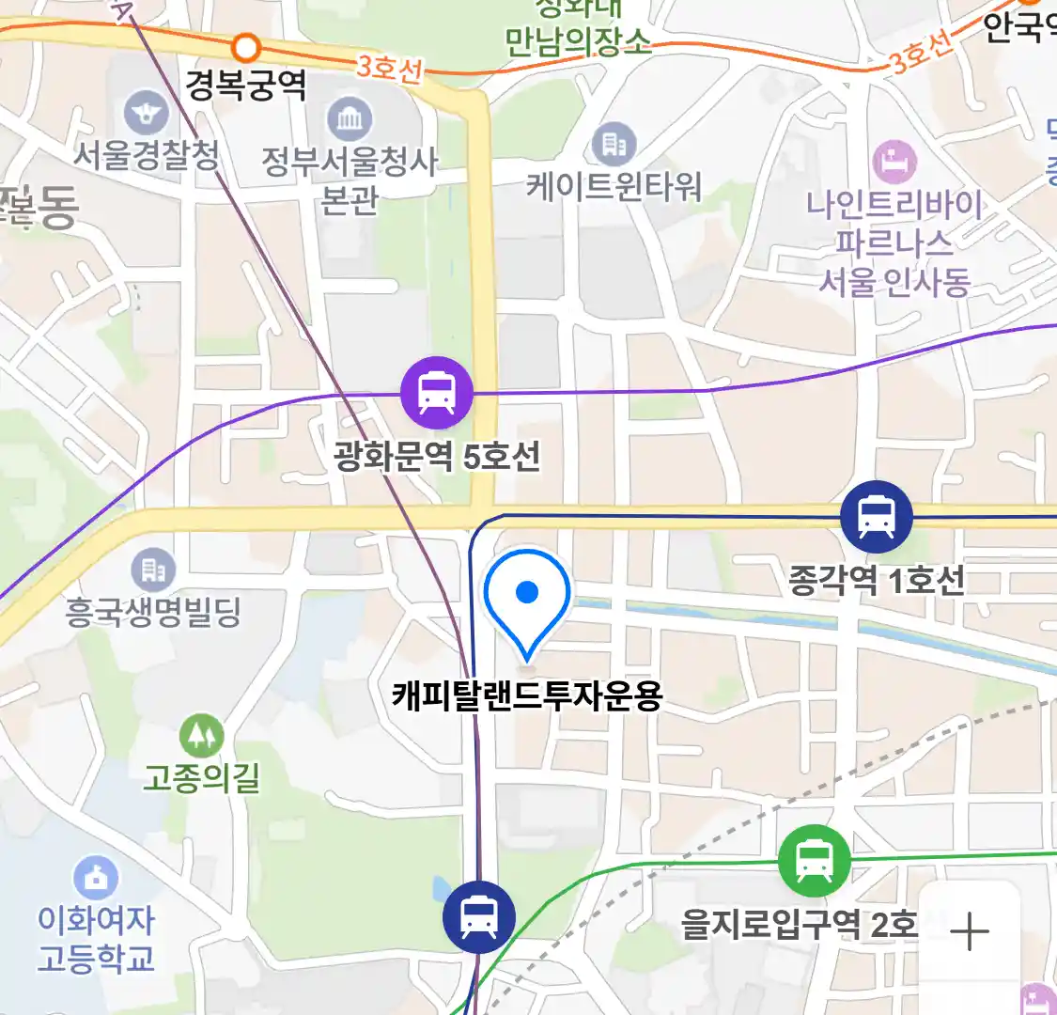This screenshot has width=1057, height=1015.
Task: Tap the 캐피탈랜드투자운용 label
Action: click(x=527, y=696)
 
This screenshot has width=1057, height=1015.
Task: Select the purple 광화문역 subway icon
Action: click(x=436, y=393)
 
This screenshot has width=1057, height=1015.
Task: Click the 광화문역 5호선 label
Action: click(x=437, y=458)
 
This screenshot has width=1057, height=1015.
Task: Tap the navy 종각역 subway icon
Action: click(x=876, y=516)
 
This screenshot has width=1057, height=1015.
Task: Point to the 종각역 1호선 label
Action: click(x=876, y=581)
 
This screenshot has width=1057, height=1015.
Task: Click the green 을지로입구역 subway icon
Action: click(x=814, y=859)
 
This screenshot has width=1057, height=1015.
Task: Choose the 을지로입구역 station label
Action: click(x=798, y=925)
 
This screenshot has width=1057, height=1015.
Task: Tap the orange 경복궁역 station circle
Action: click(x=246, y=46)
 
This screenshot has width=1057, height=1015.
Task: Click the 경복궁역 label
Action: click(x=246, y=86)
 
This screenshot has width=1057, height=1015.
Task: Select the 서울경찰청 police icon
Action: click(x=146, y=115)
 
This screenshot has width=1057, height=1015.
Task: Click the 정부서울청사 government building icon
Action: click(x=350, y=119)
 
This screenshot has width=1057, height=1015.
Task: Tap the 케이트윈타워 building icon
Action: click(x=614, y=145)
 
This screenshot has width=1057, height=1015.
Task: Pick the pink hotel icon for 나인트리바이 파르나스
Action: click(x=894, y=163)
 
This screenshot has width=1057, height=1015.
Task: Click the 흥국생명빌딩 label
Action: click(x=153, y=612)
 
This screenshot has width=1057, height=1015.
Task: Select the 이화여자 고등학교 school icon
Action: click(x=96, y=879)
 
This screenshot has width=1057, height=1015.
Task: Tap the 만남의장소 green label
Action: click(x=578, y=41)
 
